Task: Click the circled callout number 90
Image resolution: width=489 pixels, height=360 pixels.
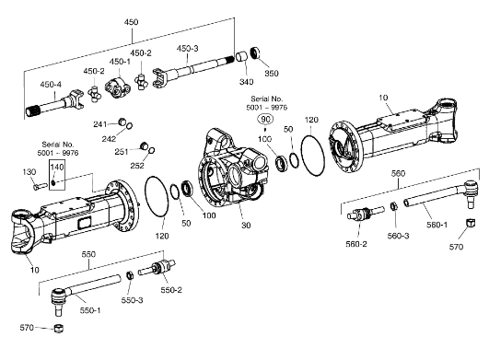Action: (x=265, y=119)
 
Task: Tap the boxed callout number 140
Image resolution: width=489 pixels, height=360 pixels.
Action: (x=57, y=167)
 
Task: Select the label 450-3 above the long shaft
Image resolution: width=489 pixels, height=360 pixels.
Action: (x=187, y=48)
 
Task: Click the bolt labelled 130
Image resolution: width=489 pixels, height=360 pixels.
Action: (x=40, y=186)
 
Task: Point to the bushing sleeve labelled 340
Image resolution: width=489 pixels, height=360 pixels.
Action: (x=241, y=56)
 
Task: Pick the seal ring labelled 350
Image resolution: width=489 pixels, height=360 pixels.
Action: (x=256, y=52)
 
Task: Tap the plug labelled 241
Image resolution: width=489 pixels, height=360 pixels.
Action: (x=122, y=122)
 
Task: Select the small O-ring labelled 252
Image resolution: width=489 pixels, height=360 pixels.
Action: (x=151, y=151)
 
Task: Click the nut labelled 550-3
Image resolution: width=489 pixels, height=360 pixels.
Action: (x=130, y=275)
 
